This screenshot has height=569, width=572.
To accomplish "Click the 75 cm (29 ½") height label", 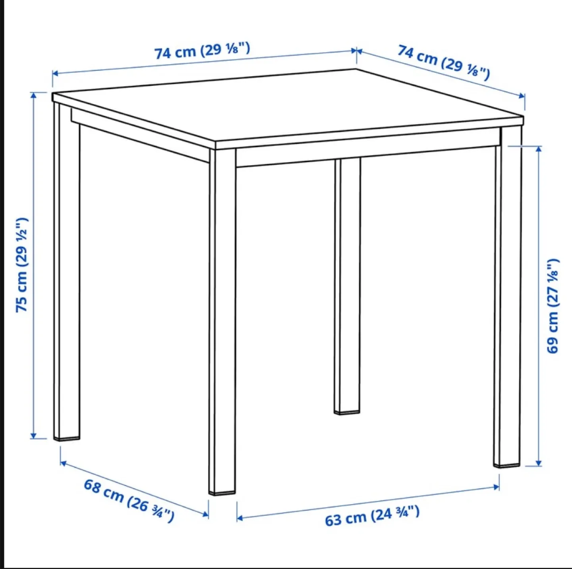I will [22, 265].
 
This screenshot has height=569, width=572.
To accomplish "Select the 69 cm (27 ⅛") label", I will [553, 306].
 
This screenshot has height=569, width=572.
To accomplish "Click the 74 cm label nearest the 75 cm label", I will [202, 50].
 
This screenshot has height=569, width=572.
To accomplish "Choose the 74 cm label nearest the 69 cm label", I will [444, 63].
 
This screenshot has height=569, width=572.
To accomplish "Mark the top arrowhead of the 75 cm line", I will [34, 95].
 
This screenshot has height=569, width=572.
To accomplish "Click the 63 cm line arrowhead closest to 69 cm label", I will [497, 487].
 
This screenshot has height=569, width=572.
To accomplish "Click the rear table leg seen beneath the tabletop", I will [348, 286].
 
